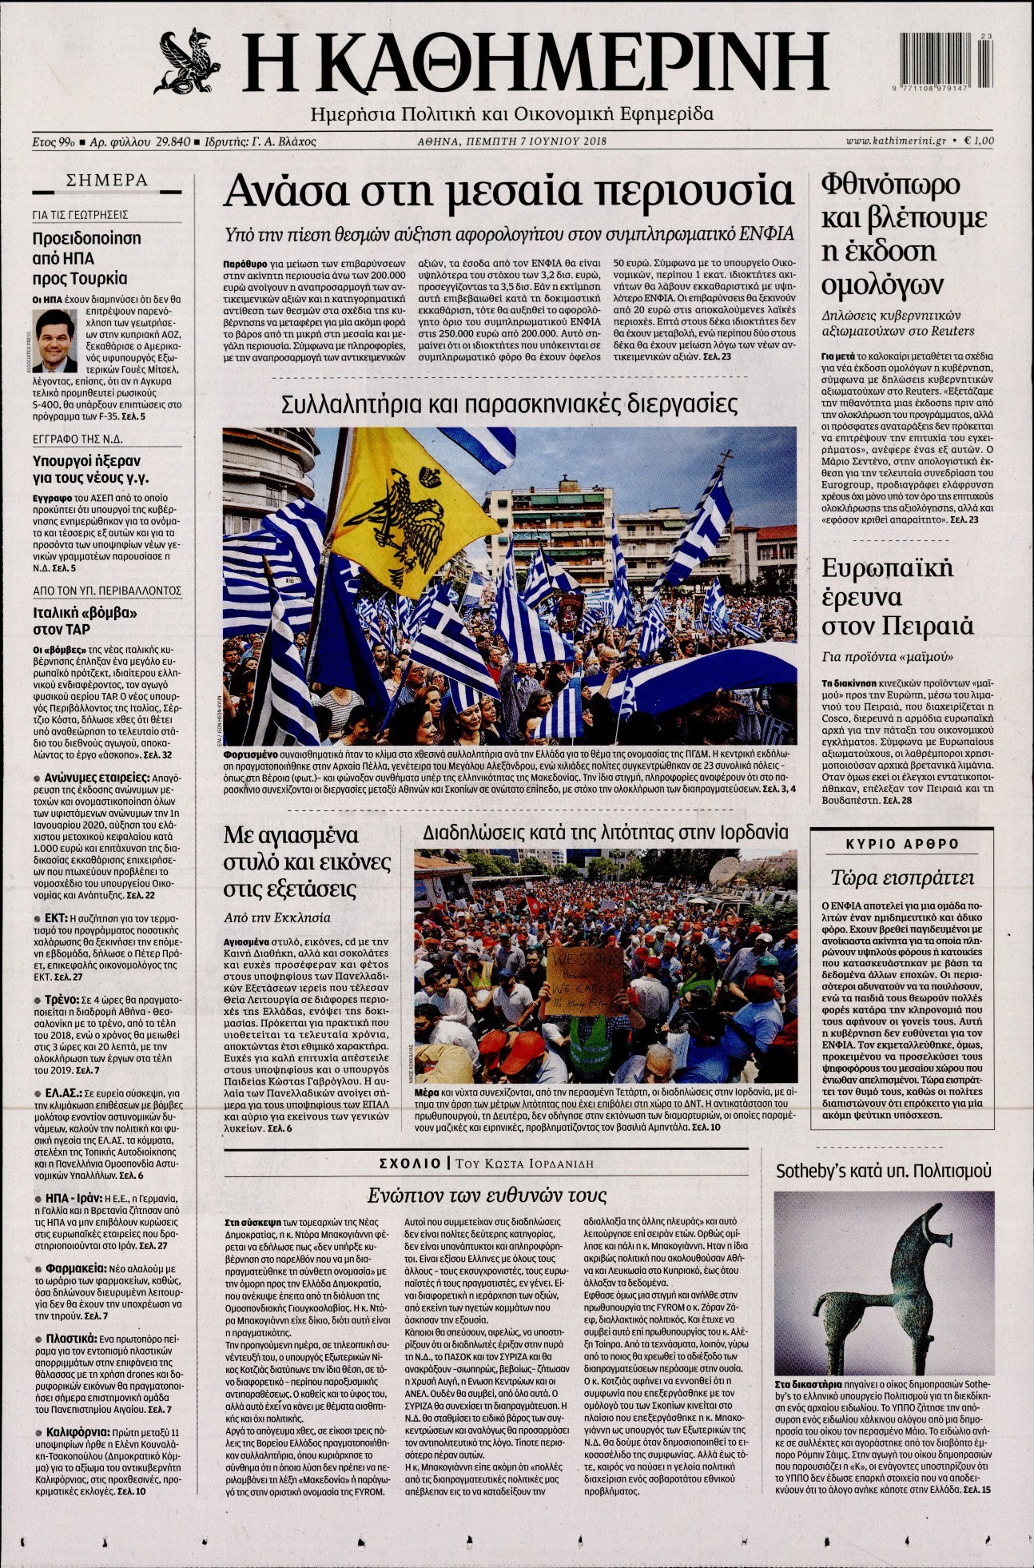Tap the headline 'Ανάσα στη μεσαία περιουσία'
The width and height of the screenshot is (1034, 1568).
[x=508, y=192]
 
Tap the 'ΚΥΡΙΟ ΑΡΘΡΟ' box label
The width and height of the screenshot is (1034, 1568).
[x=902, y=844]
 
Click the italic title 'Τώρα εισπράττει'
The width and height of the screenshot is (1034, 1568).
[x=901, y=878]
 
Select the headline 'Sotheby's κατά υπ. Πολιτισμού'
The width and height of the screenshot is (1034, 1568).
[x=884, y=1171]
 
